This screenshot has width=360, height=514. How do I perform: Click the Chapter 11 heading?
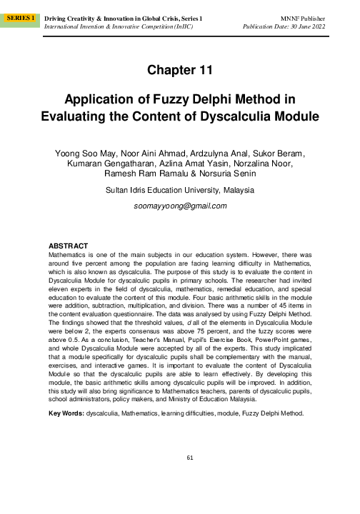tap(179, 69)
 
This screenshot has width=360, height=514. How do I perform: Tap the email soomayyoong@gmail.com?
tap(179, 206)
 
